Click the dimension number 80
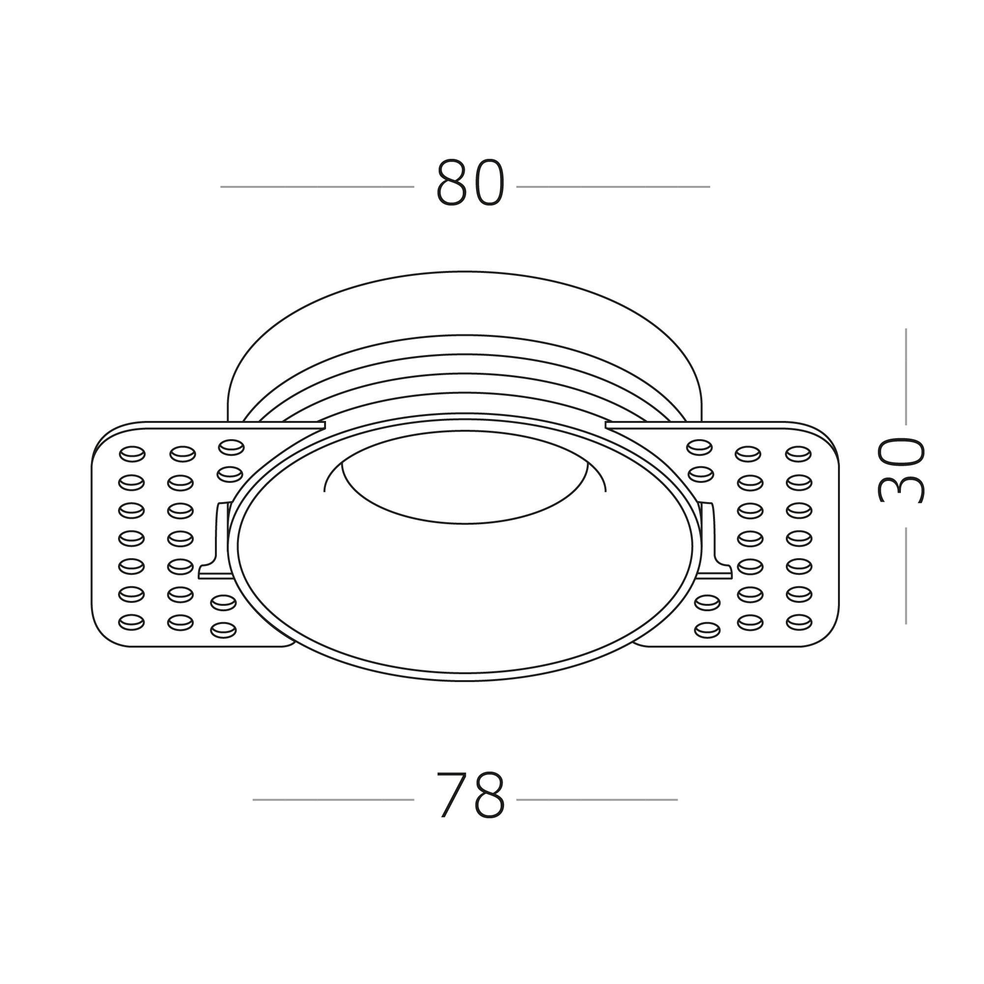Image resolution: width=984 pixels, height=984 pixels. pos(470,183)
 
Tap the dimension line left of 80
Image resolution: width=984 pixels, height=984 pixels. pos(317,187)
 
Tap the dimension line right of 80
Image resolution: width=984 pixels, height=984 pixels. pos(613,187)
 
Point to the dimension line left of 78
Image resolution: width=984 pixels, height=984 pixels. pos(333,800)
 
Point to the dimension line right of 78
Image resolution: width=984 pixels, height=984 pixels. pos(596,800)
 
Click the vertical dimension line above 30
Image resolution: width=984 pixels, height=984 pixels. pos(906,376)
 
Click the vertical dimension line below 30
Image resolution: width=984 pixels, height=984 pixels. pos(906,575)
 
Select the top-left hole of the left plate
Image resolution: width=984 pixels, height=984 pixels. pos(132,454)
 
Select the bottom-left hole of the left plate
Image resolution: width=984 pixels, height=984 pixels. pos(131,622)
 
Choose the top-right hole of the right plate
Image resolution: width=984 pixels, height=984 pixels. pos(798,454)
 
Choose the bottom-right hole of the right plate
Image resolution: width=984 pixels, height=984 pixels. pos(799,622)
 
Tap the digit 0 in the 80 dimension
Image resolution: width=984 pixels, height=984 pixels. pos(489,183)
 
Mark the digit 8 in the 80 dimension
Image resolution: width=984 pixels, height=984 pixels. pos(451,183)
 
